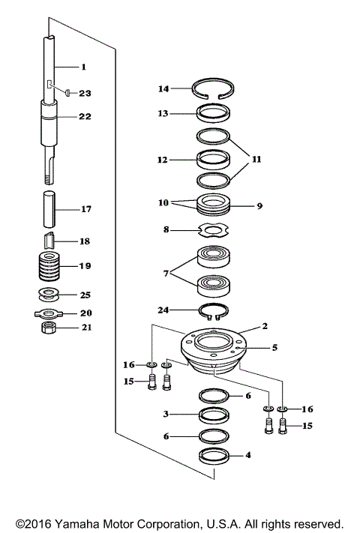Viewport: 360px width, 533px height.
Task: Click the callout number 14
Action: [x=163, y=88]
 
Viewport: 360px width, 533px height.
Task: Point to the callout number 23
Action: [x=85, y=94]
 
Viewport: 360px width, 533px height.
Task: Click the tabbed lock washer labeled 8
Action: [x=212, y=230]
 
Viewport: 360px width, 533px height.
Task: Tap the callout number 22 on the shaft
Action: [x=85, y=116]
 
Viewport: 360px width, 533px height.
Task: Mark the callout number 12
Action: [x=163, y=159]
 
